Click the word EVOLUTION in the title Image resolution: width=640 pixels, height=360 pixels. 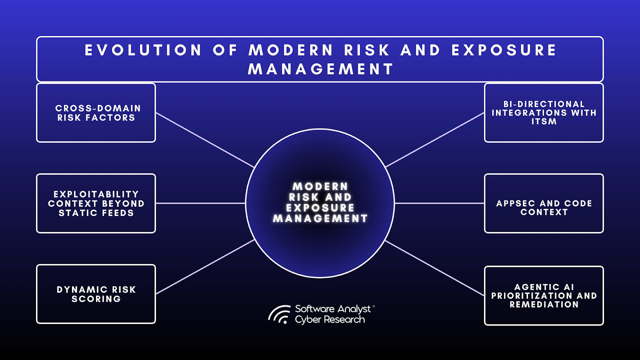pos(143,50)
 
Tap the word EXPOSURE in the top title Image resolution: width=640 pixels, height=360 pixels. pos(504,50)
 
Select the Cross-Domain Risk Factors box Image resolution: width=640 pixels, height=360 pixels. pos(96,113)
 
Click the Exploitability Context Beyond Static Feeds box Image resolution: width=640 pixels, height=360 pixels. pos(96,203)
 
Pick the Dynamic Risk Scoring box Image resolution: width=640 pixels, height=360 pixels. pos(96,294)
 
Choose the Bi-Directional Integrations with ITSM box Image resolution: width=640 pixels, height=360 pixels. pos(544,113)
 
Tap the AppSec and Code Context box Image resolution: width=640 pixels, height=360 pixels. pos(544,203)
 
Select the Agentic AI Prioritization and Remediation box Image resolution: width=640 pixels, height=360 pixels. pos(544,296)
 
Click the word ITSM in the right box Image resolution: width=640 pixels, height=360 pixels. pos(544,122)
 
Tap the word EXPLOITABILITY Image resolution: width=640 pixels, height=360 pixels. pos(96,194)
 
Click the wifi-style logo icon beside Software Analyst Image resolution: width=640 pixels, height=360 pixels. pos(279,314)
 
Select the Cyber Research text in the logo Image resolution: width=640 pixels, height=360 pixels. pos(330,320)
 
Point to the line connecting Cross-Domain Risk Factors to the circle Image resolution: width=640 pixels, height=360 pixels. pos(205,140)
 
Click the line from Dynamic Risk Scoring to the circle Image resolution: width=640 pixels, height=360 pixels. pos(205,267)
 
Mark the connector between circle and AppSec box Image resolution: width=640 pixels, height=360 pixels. pos(439,203)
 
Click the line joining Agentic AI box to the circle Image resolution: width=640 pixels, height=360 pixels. pos(435,268)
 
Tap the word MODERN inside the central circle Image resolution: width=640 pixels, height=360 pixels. pos(320,186)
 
